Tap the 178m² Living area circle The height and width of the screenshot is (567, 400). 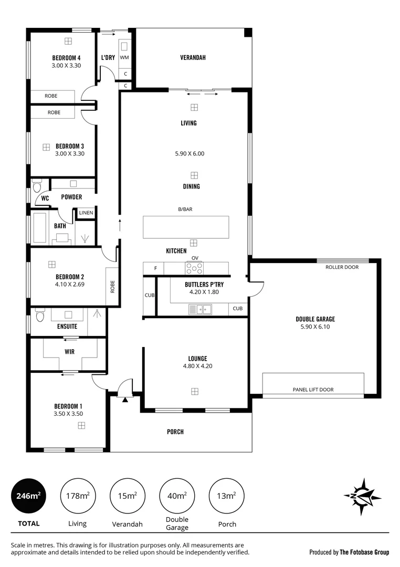[x=77, y=496]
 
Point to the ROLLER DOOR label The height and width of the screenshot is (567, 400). [x=342, y=267]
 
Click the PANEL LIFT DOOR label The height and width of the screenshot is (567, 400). [x=313, y=390]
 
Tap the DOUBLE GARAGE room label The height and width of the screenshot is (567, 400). [x=315, y=319]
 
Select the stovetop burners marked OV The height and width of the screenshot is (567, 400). [x=194, y=269]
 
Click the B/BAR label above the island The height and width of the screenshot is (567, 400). [x=185, y=209]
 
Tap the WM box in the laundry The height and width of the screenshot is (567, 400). [x=124, y=57]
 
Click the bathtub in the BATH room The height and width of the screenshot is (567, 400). [x=39, y=227]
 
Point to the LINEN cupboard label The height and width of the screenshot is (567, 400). [x=86, y=213]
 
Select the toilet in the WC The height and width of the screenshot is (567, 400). [x=37, y=186]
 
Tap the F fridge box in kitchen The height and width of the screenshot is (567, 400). [x=155, y=269]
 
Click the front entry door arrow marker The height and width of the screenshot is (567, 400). [x=125, y=400]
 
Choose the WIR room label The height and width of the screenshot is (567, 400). [x=69, y=351]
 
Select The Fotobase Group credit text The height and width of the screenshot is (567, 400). [x=349, y=552]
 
